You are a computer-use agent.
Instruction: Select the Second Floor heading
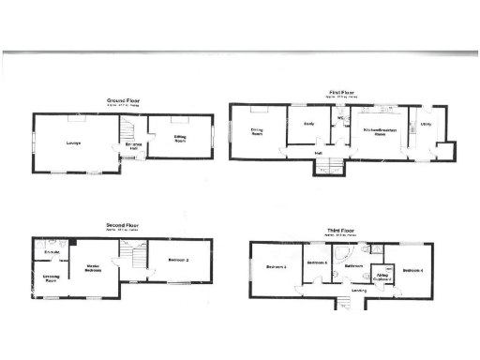tap(123, 225)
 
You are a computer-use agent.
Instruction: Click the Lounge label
tap(72, 142)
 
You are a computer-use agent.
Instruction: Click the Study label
tap(307, 125)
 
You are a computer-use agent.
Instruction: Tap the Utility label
tap(425, 124)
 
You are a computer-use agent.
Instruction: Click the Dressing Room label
tap(52, 278)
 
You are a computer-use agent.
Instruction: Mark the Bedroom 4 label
tap(413, 271)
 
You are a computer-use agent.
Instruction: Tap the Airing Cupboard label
tap(382, 277)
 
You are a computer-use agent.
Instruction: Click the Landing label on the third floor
tap(358, 292)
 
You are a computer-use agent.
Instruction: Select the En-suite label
tap(52, 252)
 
